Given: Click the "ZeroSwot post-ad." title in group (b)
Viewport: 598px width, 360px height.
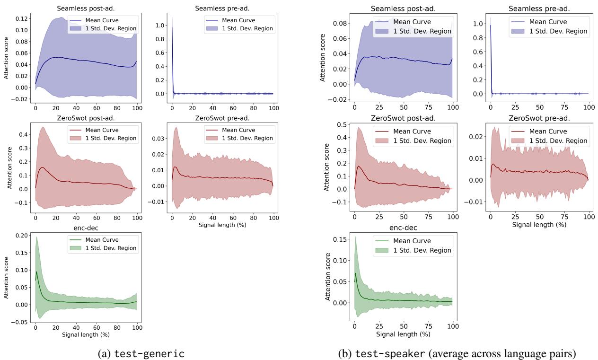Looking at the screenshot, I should click(x=403, y=117).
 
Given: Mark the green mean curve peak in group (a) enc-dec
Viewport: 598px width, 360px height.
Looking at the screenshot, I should click(x=37, y=271).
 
